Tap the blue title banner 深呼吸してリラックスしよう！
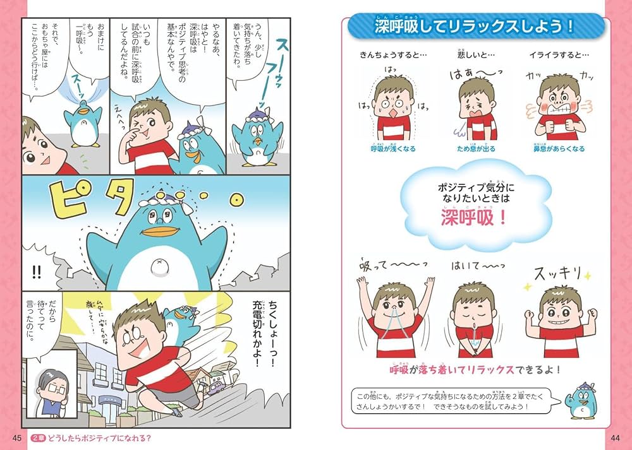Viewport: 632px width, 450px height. point(473,27)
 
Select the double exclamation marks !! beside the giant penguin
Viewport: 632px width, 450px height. point(36,272)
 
